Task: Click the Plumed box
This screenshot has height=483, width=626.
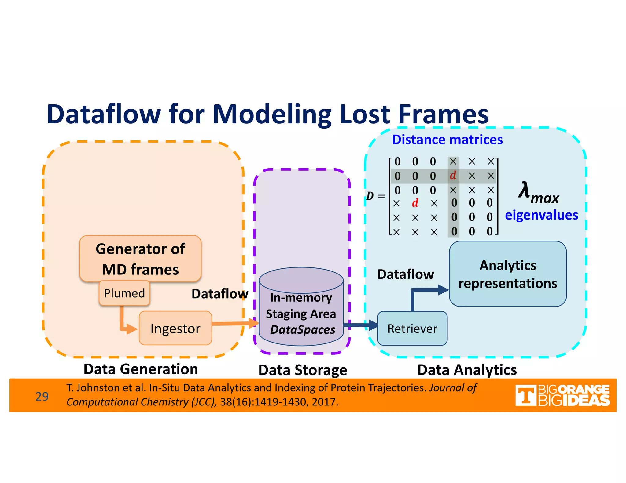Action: click(124, 293)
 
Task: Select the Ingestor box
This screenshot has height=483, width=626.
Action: click(175, 329)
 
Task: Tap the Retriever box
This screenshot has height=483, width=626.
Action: click(412, 329)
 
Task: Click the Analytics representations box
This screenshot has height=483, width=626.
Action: click(507, 274)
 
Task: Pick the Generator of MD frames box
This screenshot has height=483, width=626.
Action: click(140, 258)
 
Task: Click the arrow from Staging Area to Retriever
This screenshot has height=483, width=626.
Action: click(361, 325)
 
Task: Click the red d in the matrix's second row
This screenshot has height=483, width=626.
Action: click(453, 176)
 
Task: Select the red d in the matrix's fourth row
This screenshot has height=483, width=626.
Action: click(415, 203)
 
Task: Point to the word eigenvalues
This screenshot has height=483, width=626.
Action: click(541, 215)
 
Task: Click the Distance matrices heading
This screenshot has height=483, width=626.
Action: click(447, 140)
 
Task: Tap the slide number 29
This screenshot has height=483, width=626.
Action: click(42, 396)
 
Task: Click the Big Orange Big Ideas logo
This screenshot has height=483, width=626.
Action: click(562, 395)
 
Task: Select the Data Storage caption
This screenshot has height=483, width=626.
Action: click(303, 370)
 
